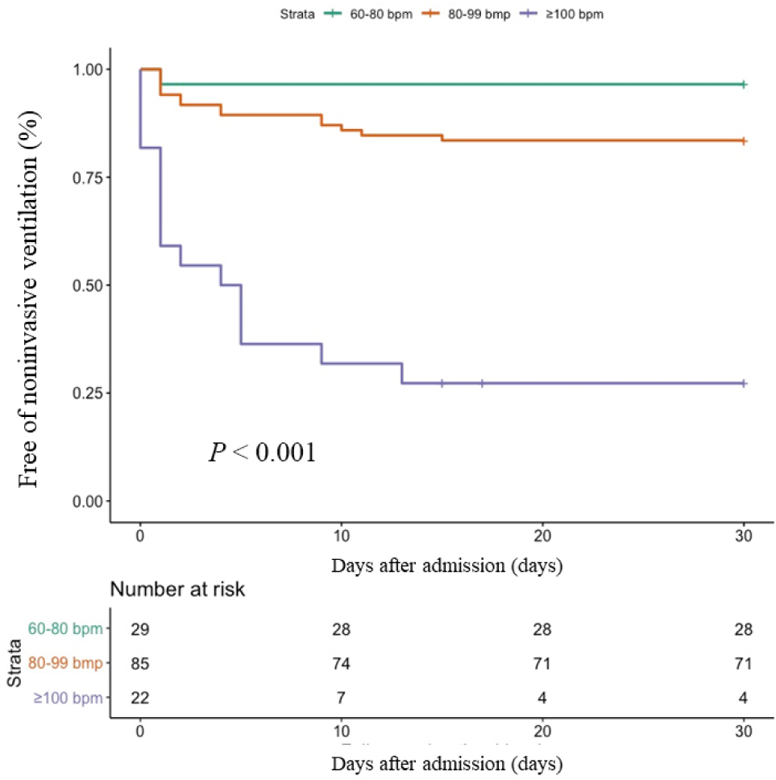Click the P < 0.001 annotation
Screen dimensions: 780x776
point(263,453)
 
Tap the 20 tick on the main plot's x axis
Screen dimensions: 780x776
point(542,537)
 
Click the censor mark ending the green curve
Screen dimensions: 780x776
point(744,84)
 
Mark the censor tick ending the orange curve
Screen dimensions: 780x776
point(744,140)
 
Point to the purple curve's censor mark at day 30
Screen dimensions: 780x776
point(744,383)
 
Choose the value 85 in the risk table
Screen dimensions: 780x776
point(140,664)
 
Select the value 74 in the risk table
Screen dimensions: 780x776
point(341,664)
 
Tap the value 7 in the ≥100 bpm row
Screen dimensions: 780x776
point(341,698)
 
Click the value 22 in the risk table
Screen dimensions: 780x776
point(140,698)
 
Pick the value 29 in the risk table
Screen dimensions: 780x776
point(140,629)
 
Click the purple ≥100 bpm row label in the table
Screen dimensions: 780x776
point(68,698)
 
